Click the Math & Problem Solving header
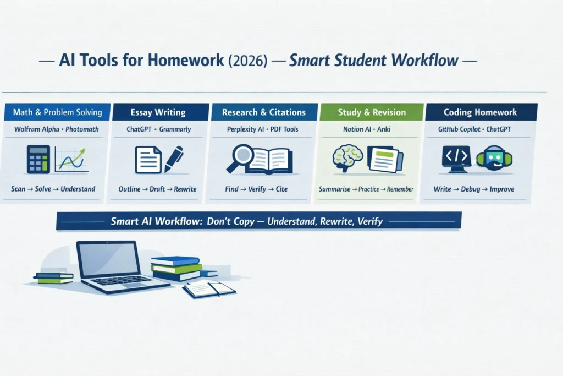pos(57,112)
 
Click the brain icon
pos(346,157)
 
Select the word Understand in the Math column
pos(78,189)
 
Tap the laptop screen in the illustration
pos(108,259)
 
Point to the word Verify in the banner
pos(370,222)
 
